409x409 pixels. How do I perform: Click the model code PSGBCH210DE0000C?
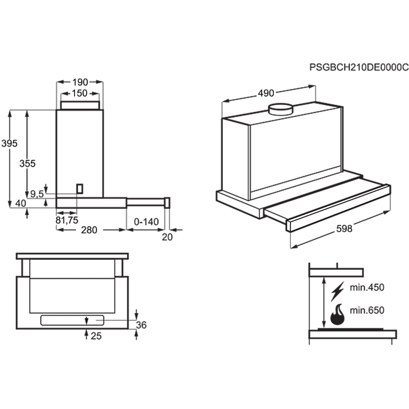[359, 67]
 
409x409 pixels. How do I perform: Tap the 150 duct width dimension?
[80, 93]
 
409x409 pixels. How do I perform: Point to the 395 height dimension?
[9, 144]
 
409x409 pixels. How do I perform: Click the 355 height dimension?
[28, 163]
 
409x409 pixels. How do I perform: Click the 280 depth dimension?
[89, 230]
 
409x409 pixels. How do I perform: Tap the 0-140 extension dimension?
[146, 222]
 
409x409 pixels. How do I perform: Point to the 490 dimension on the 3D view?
[266, 93]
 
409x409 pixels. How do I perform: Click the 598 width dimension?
[344, 229]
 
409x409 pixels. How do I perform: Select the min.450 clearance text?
[367, 287]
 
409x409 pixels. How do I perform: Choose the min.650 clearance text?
[367, 310]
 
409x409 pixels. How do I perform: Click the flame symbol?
[338, 315]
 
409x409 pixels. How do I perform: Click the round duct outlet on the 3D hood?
[280, 109]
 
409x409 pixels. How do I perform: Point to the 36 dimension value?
[141, 325]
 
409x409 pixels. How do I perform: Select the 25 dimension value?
[96, 336]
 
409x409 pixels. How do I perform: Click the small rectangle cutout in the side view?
[80, 188]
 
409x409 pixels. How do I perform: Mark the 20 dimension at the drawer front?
[167, 237]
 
